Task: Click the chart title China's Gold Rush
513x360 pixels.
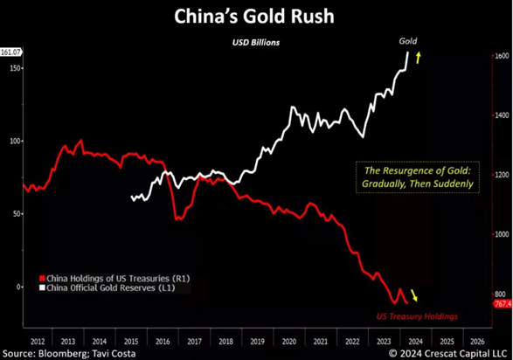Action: point(257,16)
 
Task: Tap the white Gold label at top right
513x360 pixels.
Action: point(407,41)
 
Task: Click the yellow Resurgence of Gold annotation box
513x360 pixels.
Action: point(415,177)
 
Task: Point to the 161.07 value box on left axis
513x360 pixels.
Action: point(11,52)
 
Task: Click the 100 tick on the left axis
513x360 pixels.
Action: point(12,141)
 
